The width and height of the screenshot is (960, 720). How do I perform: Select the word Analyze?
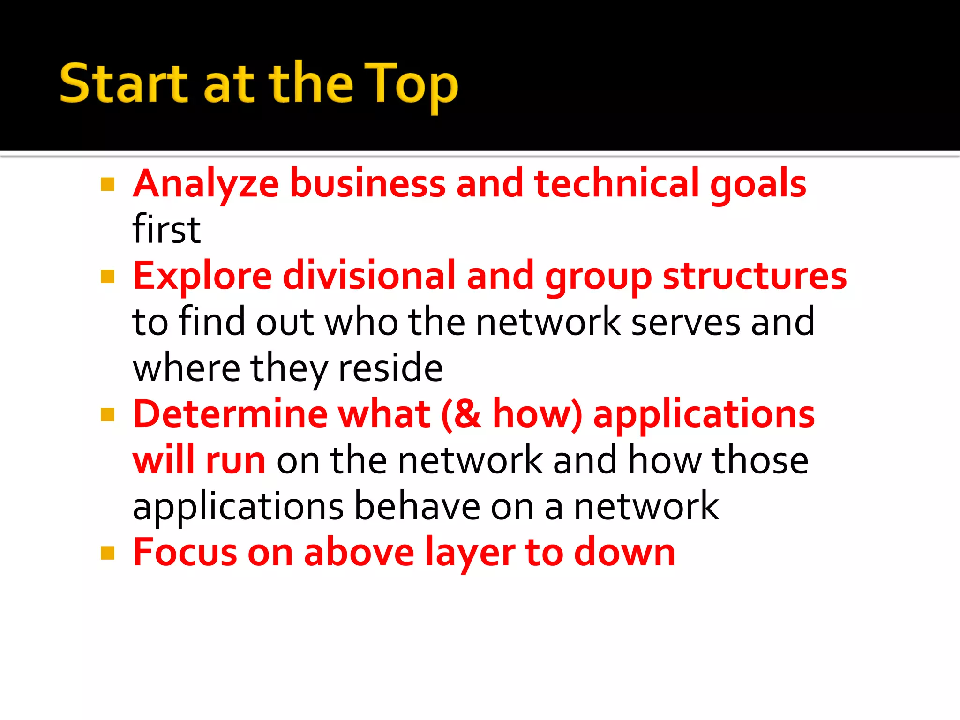click(206, 184)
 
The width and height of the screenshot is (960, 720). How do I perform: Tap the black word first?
click(167, 229)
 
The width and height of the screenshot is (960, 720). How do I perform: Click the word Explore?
click(202, 276)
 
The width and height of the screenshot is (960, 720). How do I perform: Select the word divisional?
click(369, 275)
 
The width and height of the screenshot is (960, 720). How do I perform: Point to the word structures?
click(755, 276)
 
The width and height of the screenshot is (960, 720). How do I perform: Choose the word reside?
click(390, 368)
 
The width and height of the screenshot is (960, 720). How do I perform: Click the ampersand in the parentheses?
click(466, 414)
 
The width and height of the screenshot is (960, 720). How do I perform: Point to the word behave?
click(417, 506)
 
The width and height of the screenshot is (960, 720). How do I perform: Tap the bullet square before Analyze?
click(108, 184)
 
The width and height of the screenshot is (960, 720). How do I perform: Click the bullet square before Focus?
click(108, 553)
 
